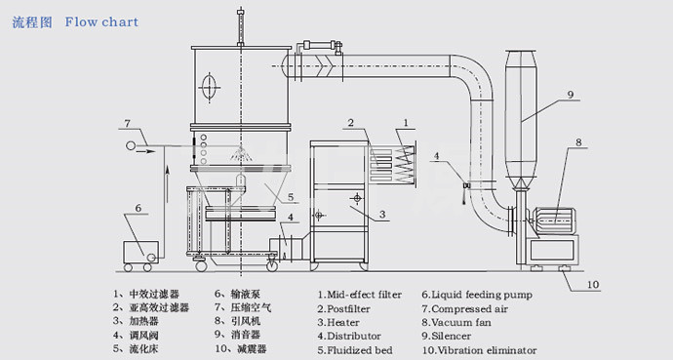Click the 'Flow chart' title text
tap(101, 21)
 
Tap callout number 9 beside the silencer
tap(571, 95)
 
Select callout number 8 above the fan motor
tap(578, 142)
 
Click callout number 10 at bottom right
tap(593, 285)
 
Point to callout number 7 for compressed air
tap(127, 124)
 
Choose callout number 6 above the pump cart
tap(138, 208)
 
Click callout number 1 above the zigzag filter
tap(406, 123)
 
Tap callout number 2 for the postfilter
tap(351, 123)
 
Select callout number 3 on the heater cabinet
tap(382, 214)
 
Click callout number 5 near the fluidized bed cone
tap(291, 197)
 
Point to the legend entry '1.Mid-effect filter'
tap(360, 295)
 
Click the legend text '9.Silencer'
tap(446, 336)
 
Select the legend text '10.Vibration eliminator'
tap(479, 350)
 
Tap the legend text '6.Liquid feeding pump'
tap(477, 295)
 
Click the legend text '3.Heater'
tap(338, 322)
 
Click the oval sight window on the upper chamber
tap(209, 88)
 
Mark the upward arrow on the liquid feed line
tap(168, 183)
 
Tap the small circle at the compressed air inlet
tap(130, 146)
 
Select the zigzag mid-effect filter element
tap(405, 164)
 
